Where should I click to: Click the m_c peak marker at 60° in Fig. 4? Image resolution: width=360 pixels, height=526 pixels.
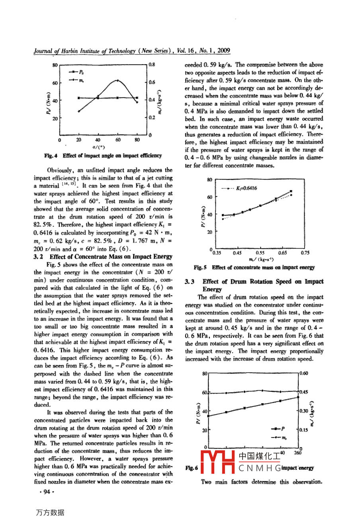click(118, 80)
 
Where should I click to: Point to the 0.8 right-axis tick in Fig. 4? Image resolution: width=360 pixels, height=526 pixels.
click(152, 64)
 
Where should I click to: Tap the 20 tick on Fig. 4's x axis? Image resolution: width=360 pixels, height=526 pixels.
click(79, 140)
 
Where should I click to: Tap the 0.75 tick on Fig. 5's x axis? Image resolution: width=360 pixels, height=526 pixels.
click(305, 253)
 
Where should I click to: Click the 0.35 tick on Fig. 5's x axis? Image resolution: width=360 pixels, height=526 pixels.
click(217, 253)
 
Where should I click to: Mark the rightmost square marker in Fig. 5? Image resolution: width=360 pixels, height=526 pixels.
click(291, 191)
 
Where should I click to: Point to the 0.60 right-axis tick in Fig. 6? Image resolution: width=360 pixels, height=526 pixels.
click(304, 373)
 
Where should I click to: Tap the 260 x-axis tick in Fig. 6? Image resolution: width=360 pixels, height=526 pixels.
click(298, 453)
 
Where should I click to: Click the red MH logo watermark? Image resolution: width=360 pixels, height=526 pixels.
click(217, 462)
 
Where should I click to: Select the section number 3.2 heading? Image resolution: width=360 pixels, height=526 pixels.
click(39, 257)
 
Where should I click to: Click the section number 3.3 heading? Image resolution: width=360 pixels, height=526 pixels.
click(190, 282)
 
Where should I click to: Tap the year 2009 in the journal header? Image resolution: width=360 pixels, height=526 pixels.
click(224, 51)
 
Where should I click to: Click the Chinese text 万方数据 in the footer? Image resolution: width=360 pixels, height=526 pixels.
click(50, 512)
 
